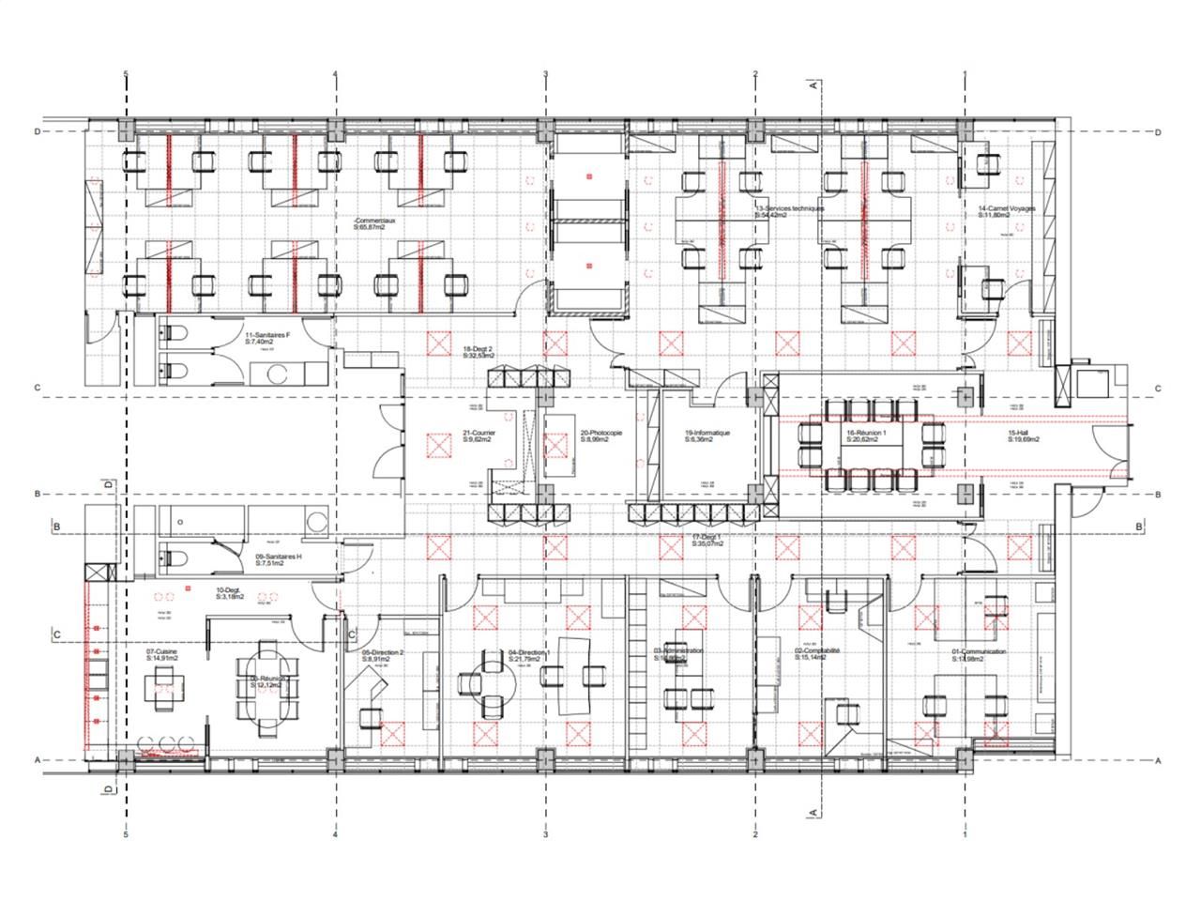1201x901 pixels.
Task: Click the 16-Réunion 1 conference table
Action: click(x=870, y=445)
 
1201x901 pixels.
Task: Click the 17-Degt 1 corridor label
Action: click(x=710, y=539)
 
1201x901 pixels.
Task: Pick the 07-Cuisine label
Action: click(x=162, y=653)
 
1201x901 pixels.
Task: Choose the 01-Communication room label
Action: click(x=978, y=653)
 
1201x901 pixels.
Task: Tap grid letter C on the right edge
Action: click(x=1158, y=389)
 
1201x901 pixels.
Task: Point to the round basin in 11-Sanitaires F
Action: click(x=279, y=374)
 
